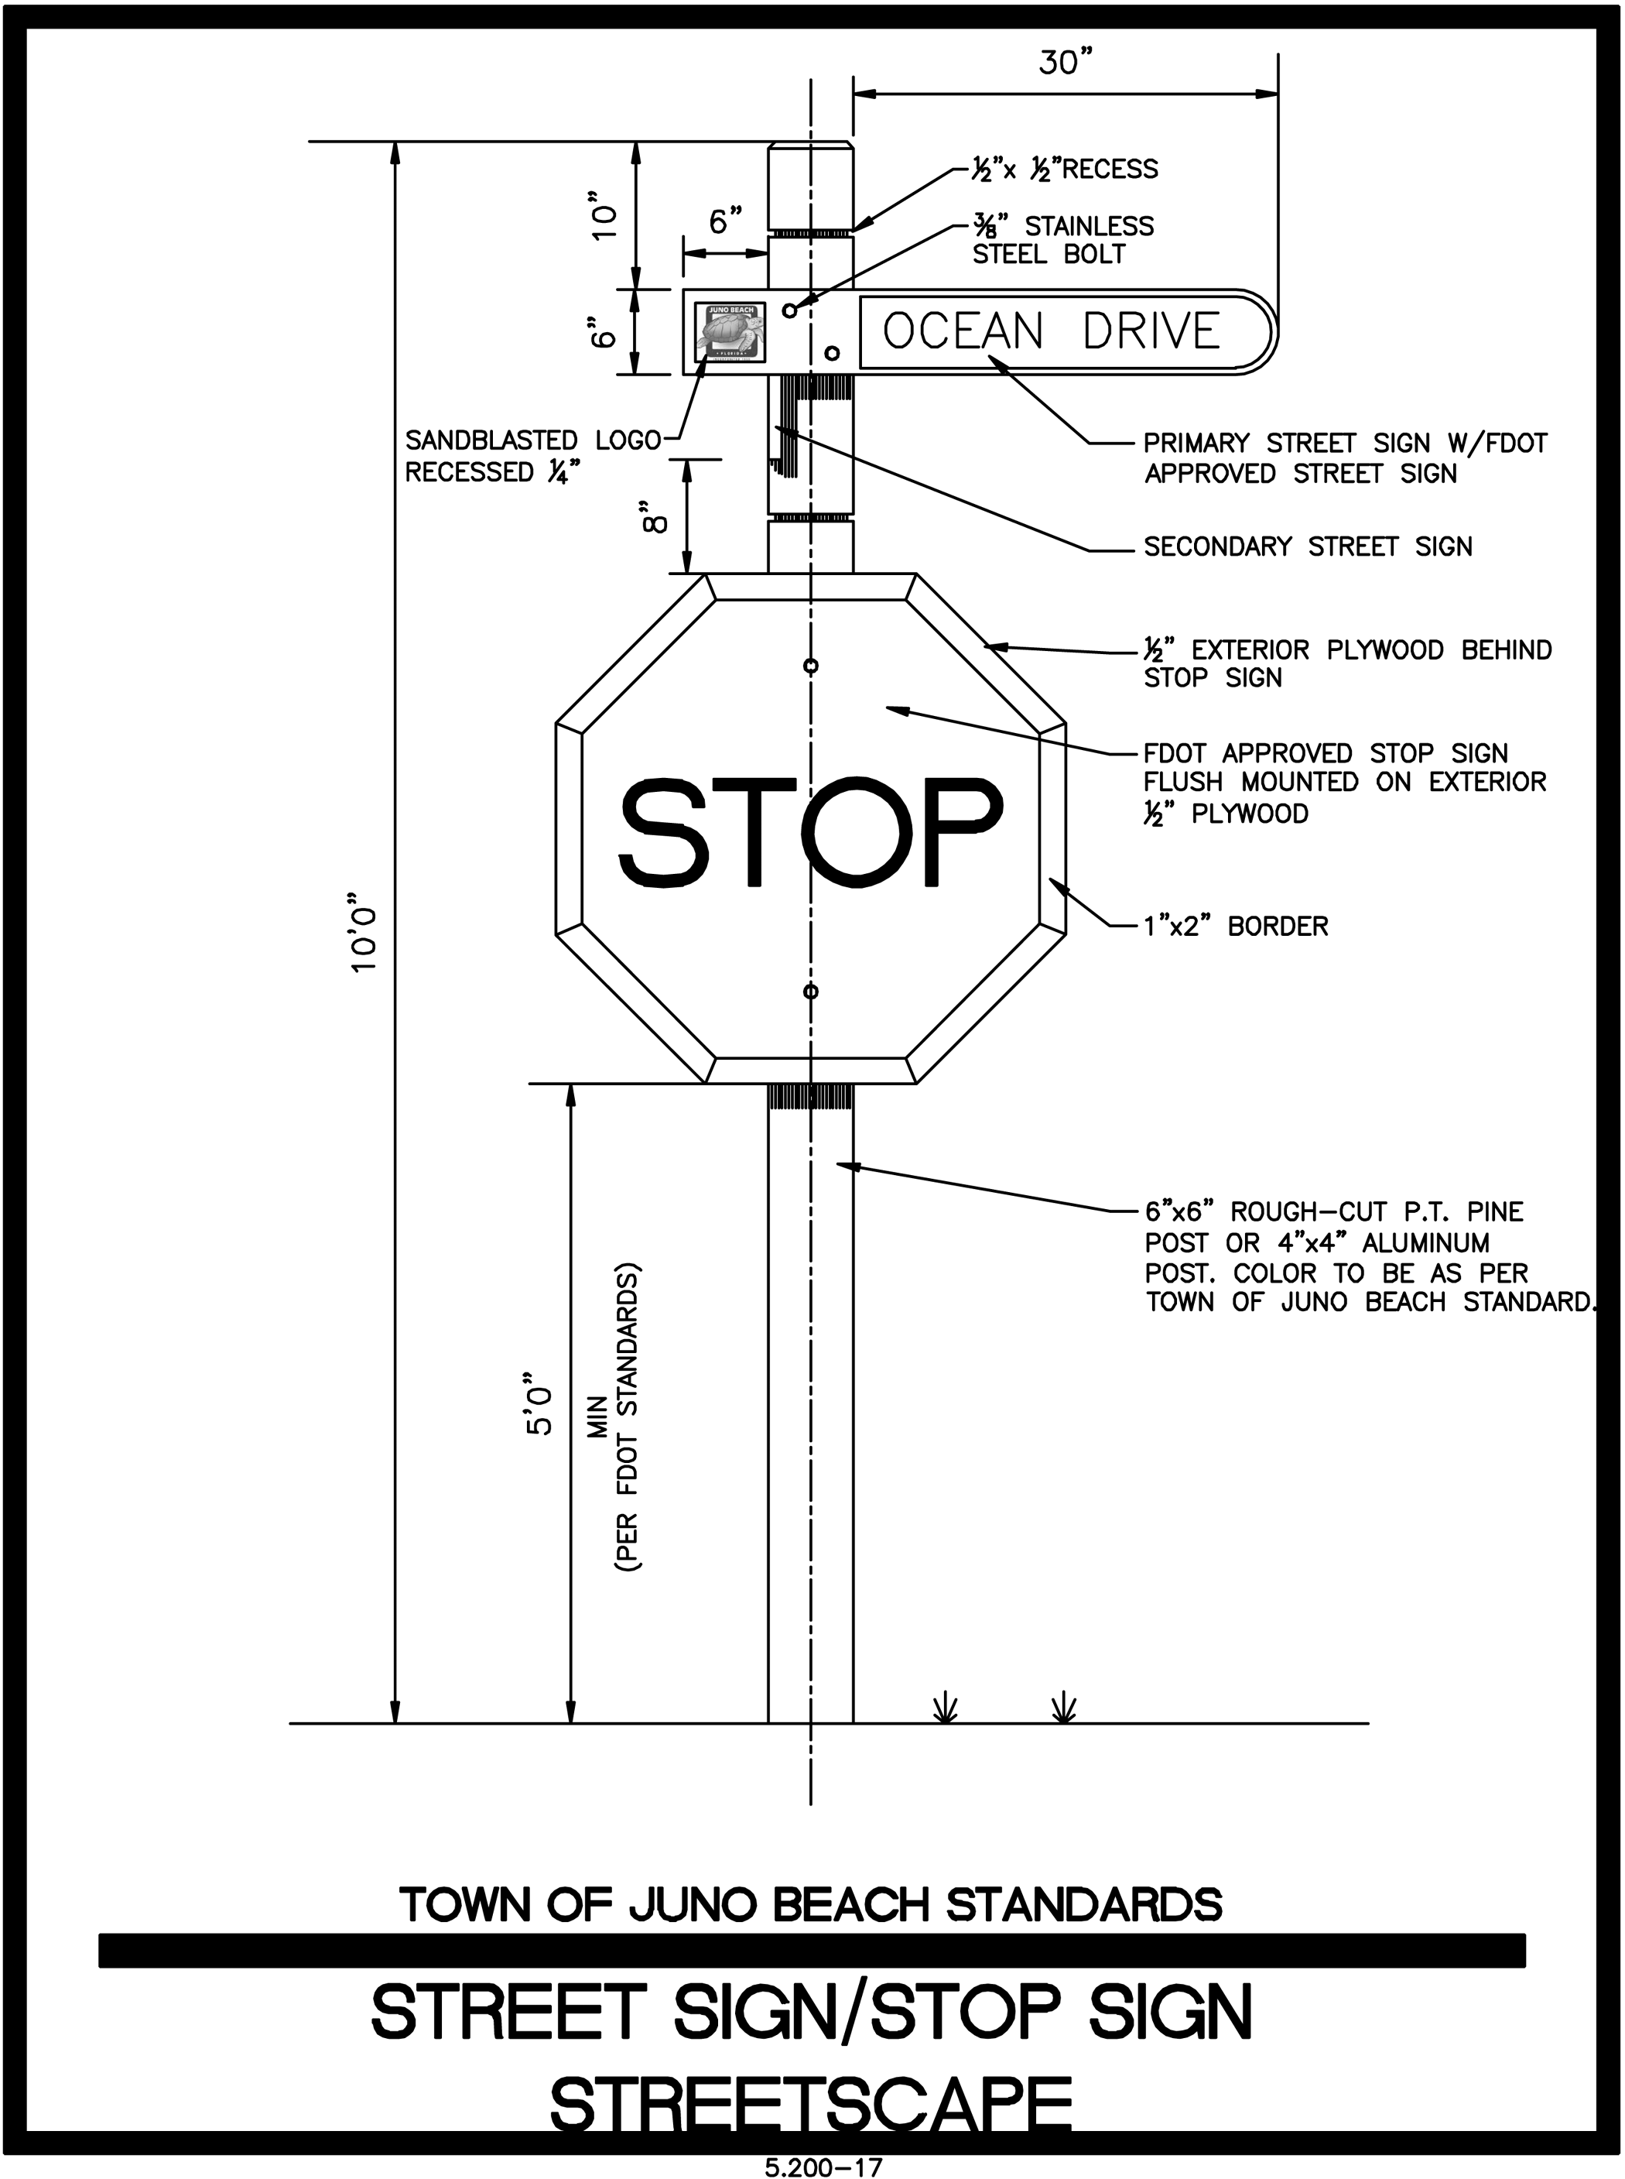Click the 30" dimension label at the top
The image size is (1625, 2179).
click(x=1066, y=63)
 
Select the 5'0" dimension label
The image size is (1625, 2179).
click(x=540, y=1413)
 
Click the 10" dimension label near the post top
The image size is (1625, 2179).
click(x=604, y=221)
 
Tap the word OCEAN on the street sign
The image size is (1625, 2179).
click(x=962, y=331)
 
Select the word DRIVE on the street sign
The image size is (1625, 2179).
click(x=1151, y=331)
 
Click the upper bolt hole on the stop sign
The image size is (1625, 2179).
click(x=810, y=666)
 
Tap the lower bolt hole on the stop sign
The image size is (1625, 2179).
click(x=810, y=991)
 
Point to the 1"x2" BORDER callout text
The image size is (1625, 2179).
click(x=1236, y=926)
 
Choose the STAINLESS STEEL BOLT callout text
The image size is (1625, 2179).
click(x=1062, y=240)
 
